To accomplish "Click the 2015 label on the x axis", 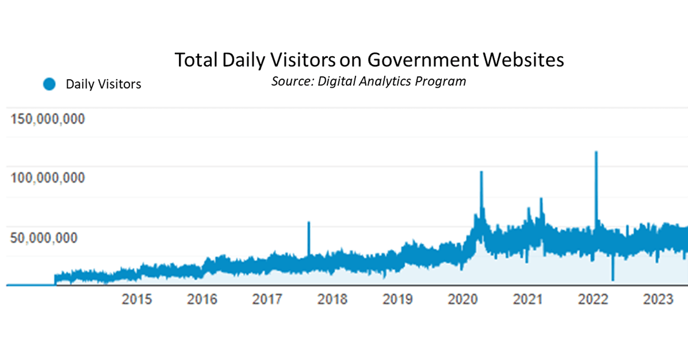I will pyautogui.click(x=137, y=300).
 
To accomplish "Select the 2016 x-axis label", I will pyautogui.click(x=202, y=300).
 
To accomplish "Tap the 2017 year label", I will pyautogui.click(x=267, y=300).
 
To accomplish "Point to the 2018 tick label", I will pyautogui.click(x=332, y=300).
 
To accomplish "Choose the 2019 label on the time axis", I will pyautogui.click(x=397, y=300).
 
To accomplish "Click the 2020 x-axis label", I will pyautogui.click(x=463, y=300).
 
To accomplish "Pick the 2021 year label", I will pyautogui.click(x=527, y=300).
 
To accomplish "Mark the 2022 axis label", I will pyautogui.click(x=593, y=300).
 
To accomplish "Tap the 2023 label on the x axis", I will pyautogui.click(x=658, y=300).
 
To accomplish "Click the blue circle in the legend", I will pyautogui.click(x=49, y=84).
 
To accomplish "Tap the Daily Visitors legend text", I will pyautogui.click(x=103, y=84).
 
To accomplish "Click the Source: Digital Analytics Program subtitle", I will pyautogui.click(x=369, y=81).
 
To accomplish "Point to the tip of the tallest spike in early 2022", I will pyautogui.click(x=596, y=152).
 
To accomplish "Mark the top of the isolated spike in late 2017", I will pyautogui.click(x=309, y=222).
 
